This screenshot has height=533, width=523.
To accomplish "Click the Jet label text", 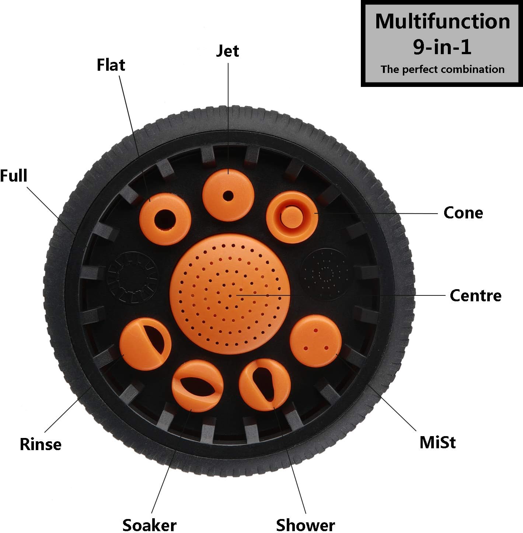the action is tap(227, 51).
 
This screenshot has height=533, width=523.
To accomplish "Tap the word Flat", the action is tap(111, 65).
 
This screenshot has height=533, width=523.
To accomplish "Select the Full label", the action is tap(14, 176).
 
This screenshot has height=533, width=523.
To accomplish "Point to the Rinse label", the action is tap(41, 445).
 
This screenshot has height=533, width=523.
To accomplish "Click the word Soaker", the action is tap(149, 525).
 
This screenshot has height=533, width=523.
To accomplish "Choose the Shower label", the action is tap(306, 525).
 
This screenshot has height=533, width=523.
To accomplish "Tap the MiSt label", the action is tap(437, 442).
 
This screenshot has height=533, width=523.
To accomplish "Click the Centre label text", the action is tap(475, 296).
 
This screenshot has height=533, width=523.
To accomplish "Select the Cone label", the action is tap(463, 213).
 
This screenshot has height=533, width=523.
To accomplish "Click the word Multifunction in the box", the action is tap(442, 21).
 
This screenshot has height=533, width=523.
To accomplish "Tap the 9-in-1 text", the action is tap(442, 47).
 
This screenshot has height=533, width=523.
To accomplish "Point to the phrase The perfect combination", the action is tap(442, 69).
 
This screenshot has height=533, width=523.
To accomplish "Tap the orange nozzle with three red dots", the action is tap(315, 341).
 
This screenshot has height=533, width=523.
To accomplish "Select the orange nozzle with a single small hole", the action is tap(228, 196).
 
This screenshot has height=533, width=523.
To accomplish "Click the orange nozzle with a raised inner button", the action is tap(292, 217).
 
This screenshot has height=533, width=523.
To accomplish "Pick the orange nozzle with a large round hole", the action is tap(165, 219).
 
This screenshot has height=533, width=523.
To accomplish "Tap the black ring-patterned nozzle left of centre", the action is tap(132, 277).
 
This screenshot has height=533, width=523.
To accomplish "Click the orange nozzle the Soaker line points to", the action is tap(198, 386).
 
